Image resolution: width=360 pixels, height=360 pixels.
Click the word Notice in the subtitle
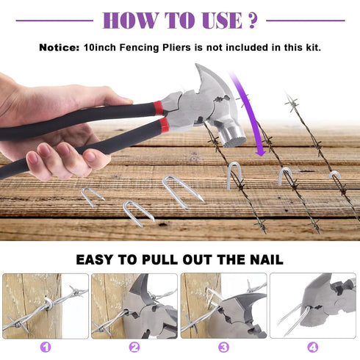click(60, 47)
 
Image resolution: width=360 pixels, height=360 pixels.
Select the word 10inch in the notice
click(100, 47)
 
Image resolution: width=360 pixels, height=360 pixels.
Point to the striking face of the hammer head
click(236, 140)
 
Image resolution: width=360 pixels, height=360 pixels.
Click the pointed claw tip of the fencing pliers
click(197, 66)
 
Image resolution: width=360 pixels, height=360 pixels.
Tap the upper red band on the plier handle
click(158, 107)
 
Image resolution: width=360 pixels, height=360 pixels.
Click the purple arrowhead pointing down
click(260, 152)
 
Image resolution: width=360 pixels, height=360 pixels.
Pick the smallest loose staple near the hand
click(92, 196)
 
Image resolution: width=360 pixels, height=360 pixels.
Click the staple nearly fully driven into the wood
click(334, 175)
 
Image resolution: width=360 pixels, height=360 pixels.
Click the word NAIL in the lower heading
click(267, 259)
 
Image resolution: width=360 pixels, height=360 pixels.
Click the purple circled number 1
click(46, 348)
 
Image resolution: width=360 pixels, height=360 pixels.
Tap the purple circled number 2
click(134, 348)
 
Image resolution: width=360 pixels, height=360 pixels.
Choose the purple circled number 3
click(223, 348)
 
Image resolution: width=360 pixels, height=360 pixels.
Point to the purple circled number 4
click(313, 348)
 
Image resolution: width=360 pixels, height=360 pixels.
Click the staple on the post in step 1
click(48, 303)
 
